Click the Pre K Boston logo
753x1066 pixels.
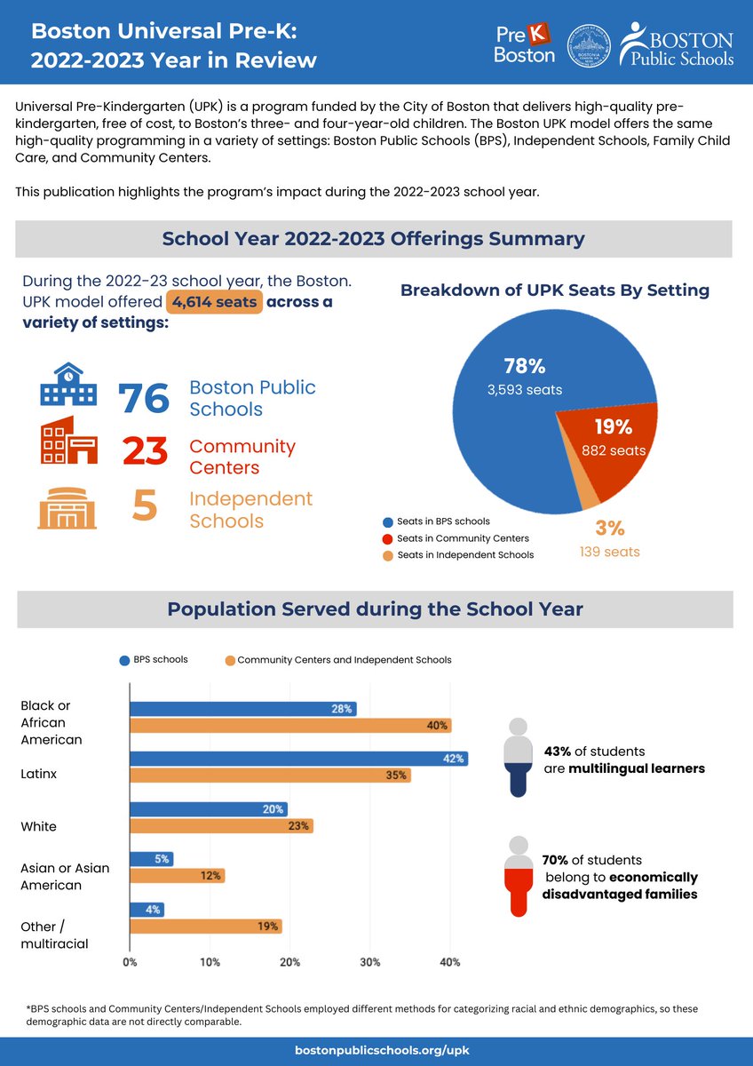(525, 43)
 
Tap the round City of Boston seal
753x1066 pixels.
(590, 43)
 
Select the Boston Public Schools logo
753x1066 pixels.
(677, 43)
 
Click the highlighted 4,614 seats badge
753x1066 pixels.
(213, 302)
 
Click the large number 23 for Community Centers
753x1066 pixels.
(145, 451)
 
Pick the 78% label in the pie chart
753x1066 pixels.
(524, 367)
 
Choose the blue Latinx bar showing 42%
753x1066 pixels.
(298, 759)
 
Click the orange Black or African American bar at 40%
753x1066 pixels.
(290, 726)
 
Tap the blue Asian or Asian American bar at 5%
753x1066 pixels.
(151, 859)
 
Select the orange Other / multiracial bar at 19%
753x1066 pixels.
(206, 927)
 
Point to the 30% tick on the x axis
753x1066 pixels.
(370, 962)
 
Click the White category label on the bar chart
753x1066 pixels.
(38, 826)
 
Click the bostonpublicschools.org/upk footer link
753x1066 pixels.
(376, 1051)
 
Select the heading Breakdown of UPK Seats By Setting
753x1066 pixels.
(555, 290)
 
